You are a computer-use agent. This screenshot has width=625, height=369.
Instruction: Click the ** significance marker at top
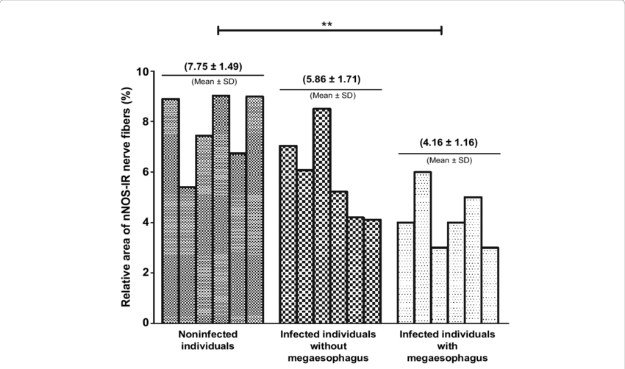(x=328, y=24)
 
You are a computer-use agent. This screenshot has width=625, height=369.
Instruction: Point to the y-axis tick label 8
(x=148, y=122)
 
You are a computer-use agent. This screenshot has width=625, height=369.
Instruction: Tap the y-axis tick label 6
(x=148, y=172)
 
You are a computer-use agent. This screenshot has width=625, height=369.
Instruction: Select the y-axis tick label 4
(x=148, y=223)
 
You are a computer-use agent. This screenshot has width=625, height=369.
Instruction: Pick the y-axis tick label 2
(x=148, y=273)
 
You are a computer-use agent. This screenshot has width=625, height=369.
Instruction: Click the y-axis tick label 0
(x=148, y=323)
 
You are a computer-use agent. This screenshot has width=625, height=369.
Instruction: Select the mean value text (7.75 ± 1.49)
(x=212, y=65)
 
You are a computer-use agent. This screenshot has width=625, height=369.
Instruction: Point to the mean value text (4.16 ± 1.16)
(x=448, y=143)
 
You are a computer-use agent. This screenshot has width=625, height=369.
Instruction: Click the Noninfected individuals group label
(x=212, y=340)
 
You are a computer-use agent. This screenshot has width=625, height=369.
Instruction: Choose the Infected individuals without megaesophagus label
(x=329, y=345)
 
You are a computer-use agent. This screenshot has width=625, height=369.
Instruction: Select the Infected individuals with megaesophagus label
(x=448, y=345)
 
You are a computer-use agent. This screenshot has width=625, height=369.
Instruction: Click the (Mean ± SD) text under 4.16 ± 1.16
(x=448, y=160)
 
